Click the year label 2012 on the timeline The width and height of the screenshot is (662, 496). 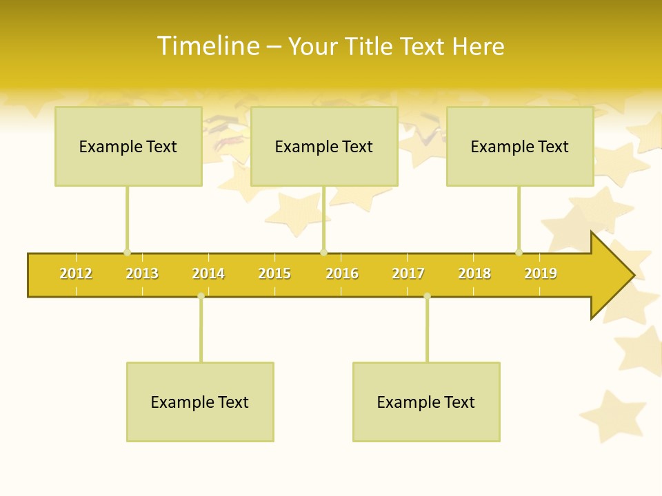76,274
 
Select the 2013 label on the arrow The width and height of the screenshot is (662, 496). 142,274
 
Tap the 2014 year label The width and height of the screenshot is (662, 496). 208,274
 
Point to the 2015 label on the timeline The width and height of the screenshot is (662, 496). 274,274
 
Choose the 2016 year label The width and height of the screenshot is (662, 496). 342,274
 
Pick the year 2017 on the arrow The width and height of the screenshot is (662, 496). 408,274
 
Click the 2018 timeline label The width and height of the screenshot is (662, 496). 474,274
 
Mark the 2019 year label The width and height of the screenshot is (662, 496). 541,274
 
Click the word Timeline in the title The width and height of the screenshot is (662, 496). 208,46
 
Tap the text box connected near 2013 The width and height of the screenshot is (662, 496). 128,146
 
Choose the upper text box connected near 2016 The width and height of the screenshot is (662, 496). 324,146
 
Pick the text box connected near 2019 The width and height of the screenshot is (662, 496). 520,146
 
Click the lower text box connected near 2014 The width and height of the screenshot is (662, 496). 200,402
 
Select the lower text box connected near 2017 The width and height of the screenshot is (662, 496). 426,402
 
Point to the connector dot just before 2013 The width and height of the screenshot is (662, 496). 127,253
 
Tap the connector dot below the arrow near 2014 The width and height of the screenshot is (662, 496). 201,296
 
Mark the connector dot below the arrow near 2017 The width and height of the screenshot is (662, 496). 427,296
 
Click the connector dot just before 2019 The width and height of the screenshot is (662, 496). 519,253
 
